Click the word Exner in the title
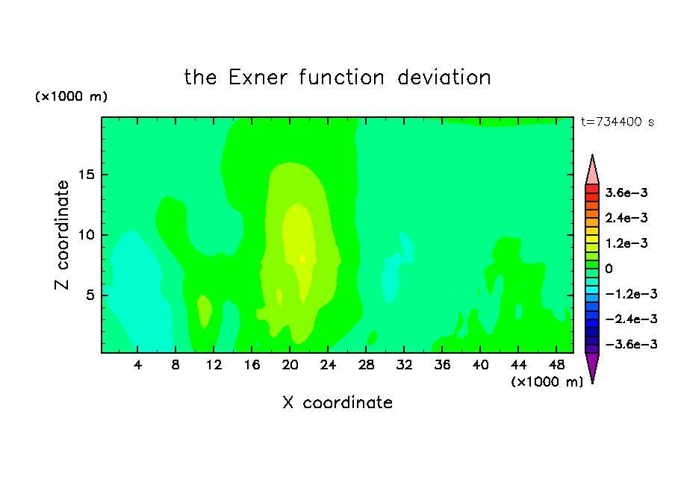tap(258, 78)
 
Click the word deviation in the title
tap(444, 78)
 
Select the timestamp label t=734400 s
tap(618, 122)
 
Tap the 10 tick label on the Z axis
tap(86, 235)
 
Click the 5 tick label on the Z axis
tap(90, 295)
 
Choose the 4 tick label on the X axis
tap(137, 365)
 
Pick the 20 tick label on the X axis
tap(290, 365)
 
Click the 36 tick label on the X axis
tap(442, 365)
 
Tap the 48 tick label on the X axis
tap(556, 365)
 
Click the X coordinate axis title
tap(337, 402)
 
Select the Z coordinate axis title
tap(62, 235)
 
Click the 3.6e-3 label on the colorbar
tap(626, 193)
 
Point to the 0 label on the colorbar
tap(609, 269)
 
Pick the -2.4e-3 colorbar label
tap(631, 319)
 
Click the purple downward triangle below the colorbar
tap(592, 366)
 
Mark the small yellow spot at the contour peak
tap(302, 258)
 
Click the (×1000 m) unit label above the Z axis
tap(71, 96)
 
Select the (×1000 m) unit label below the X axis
tap(547, 381)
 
